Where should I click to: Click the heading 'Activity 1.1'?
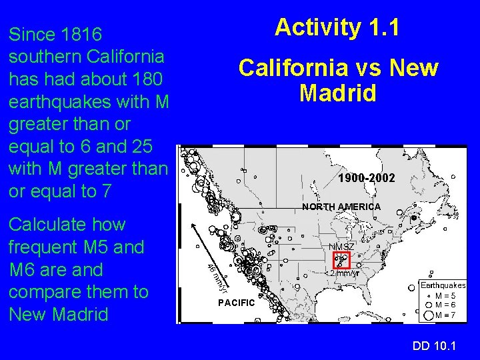click(x=337, y=27)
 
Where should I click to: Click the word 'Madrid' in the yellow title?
click(x=338, y=93)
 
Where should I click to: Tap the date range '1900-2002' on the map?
click(x=366, y=179)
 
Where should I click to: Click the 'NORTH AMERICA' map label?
click(x=341, y=207)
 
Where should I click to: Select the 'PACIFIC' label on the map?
click(x=237, y=303)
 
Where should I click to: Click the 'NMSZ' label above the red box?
click(x=341, y=247)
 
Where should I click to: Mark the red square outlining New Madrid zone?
click(x=341, y=261)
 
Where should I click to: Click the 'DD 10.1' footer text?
click(x=434, y=345)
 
